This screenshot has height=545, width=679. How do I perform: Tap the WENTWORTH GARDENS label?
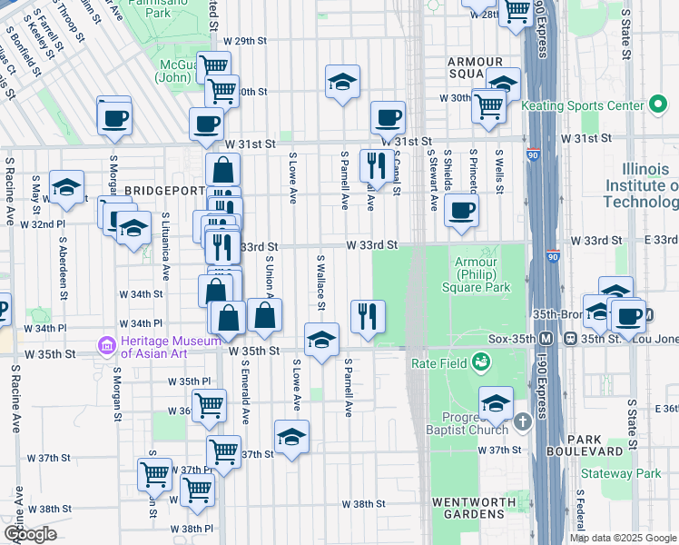(x=467, y=508)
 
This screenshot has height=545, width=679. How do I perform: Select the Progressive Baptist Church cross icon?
(x=522, y=422)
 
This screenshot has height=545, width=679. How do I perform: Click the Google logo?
(x=30, y=534)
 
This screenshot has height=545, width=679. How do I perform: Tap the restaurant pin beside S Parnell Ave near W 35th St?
(x=369, y=316)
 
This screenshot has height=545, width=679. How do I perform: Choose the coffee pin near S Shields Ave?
(x=461, y=212)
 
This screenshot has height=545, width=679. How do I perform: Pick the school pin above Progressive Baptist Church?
(x=496, y=403)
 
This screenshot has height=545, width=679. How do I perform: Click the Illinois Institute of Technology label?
(x=648, y=185)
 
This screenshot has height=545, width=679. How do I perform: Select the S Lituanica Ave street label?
(x=165, y=246)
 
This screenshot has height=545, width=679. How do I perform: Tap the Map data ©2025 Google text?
(x=623, y=538)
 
